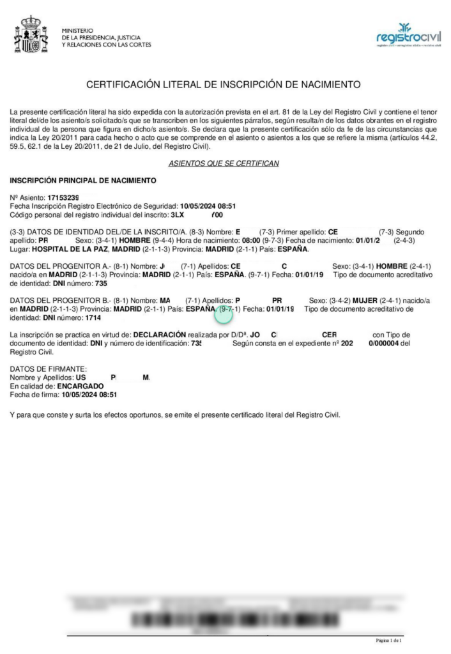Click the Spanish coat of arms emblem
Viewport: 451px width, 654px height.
(31, 34)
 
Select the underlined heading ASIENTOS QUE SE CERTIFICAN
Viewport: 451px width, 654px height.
(224, 163)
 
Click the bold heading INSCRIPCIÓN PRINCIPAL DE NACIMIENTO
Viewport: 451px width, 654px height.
(83, 181)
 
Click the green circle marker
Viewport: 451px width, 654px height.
(225, 313)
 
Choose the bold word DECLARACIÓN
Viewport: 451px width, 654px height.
(159, 335)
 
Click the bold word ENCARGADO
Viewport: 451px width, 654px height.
(80, 386)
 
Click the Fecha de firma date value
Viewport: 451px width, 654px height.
(89, 395)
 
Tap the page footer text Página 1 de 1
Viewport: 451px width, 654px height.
(388, 640)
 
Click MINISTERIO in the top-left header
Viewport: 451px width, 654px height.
(78, 30)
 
